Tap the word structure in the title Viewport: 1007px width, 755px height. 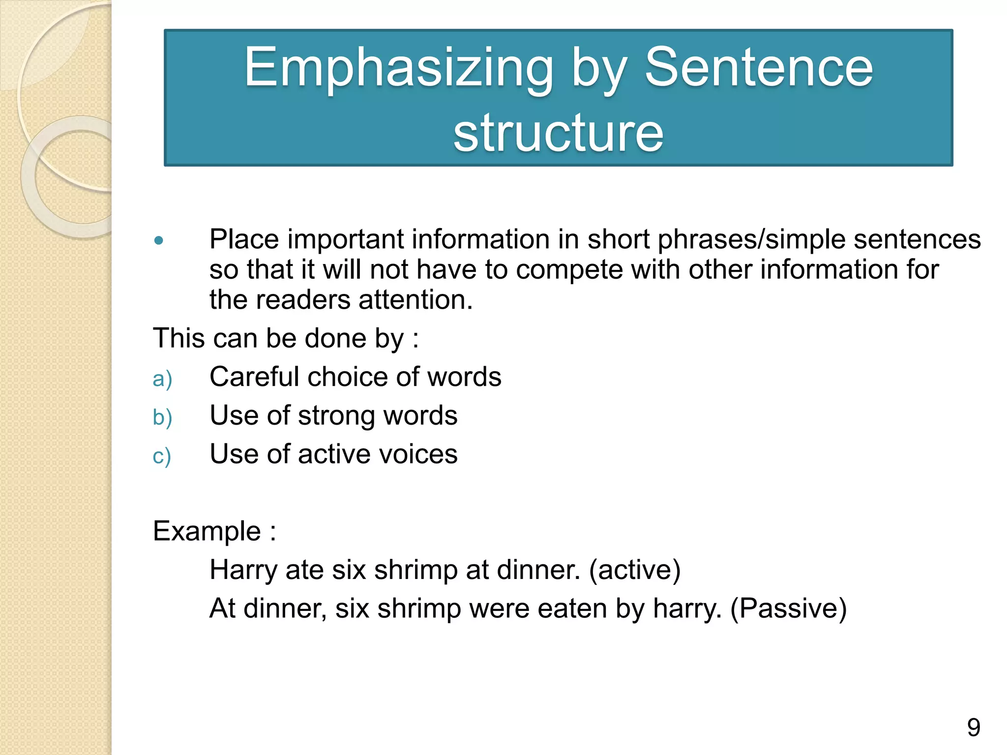pos(558,133)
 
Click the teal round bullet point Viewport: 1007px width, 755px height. pos(158,240)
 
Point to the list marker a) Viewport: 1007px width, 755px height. pos(162,379)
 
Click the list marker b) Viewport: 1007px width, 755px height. pos(162,418)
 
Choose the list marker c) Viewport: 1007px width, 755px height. pos(162,457)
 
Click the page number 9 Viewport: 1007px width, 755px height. pos(973,727)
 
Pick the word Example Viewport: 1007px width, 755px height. pos(207,531)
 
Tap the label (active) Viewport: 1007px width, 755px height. pos(635,570)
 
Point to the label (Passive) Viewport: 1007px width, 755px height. pos(788,609)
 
